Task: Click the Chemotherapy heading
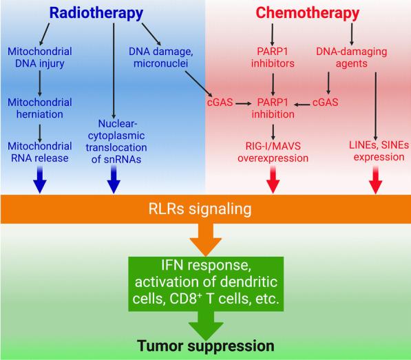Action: (307, 13)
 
